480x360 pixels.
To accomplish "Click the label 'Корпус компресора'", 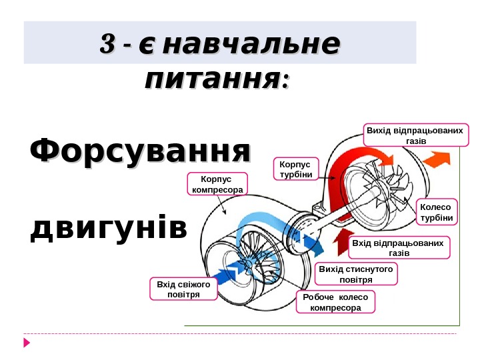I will coord(217,185).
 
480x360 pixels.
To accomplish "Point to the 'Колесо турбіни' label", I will coord(437,212).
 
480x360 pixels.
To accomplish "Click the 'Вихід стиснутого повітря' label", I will coord(356,273).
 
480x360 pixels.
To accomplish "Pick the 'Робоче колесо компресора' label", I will coord(336,302).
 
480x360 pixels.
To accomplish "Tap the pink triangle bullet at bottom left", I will coord(27,343).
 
